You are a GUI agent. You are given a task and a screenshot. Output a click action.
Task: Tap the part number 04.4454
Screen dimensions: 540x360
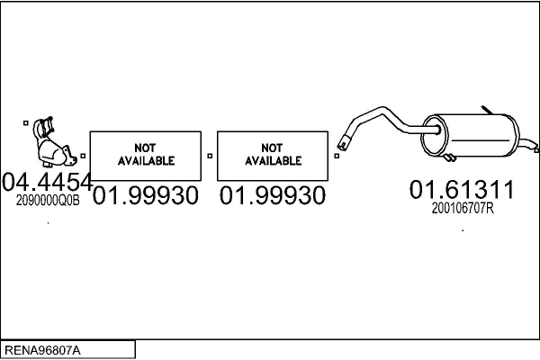[x=47, y=183]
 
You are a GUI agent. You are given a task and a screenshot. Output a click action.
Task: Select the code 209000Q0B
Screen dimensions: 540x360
[x=48, y=202]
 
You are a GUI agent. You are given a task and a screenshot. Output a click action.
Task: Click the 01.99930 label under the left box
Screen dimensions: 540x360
[x=145, y=195]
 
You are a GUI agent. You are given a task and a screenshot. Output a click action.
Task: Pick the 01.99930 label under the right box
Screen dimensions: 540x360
[x=273, y=195]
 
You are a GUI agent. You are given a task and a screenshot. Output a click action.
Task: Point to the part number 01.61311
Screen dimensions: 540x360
[x=462, y=190]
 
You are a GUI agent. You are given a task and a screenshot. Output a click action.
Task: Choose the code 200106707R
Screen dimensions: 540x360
[x=463, y=208]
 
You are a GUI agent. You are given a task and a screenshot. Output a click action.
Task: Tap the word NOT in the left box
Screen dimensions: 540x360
[x=145, y=148]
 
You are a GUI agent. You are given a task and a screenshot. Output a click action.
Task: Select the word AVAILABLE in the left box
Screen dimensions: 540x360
[x=145, y=161]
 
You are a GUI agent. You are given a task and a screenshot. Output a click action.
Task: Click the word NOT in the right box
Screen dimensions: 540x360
[x=273, y=148]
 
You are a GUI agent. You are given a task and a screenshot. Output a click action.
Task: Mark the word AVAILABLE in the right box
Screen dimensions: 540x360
[x=273, y=161]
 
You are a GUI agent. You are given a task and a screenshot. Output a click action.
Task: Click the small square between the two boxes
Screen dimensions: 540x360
[x=209, y=156]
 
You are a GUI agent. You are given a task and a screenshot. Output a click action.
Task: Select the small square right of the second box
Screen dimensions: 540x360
[x=336, y=156]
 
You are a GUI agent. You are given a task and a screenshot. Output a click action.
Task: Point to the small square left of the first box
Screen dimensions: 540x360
[x=82, y=156]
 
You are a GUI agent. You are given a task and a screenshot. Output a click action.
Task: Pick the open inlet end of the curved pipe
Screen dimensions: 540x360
[x=343, y=144]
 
